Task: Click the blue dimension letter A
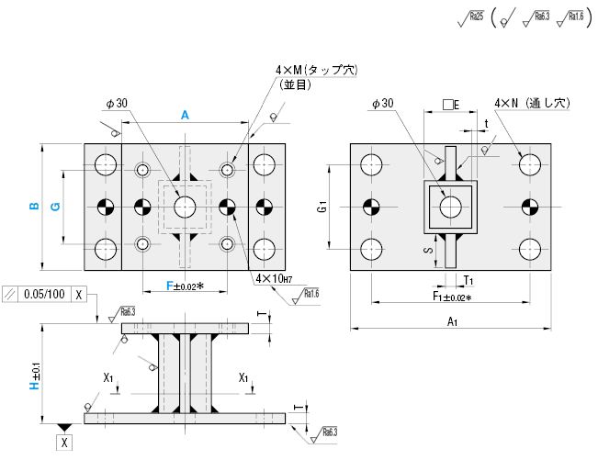[185, 115]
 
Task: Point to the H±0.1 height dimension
[34, 372]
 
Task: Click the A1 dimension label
[452, 321]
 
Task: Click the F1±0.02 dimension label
[452, 297]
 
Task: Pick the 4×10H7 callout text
[275, 278]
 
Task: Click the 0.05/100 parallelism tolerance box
[46, 295]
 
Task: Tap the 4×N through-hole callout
[532, 103]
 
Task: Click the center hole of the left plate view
[185, 206]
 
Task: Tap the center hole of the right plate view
[450, 206]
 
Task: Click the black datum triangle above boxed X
[63, 428]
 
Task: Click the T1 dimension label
[468, 278]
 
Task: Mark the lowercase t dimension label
[485, 123]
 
